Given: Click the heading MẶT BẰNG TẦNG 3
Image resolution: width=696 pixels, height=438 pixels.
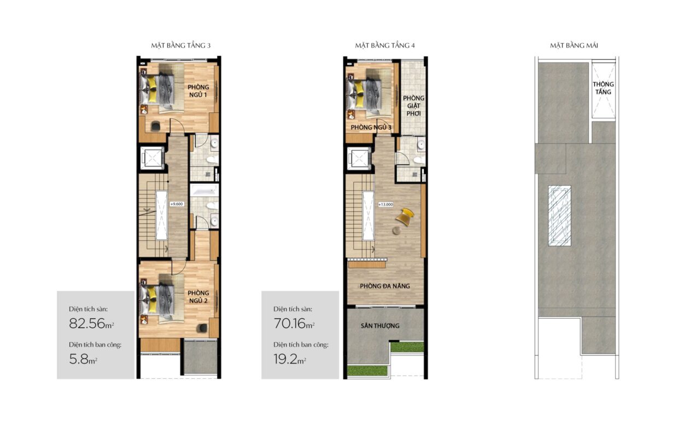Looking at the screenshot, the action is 180,46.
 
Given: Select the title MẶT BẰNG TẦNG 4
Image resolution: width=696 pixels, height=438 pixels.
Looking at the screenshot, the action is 385,46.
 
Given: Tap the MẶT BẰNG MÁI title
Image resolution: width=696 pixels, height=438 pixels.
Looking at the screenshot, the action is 574,46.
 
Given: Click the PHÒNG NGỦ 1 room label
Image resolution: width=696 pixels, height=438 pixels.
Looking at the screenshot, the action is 198,91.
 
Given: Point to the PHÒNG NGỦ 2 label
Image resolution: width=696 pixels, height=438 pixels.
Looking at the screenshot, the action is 198,297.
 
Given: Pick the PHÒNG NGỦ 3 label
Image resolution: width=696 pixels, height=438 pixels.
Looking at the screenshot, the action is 371,127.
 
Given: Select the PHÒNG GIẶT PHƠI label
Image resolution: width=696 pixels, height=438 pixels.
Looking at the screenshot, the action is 413,106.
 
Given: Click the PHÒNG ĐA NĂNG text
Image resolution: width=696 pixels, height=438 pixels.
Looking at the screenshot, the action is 385,286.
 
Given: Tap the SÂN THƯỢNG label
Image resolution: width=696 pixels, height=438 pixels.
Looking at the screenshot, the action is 380,326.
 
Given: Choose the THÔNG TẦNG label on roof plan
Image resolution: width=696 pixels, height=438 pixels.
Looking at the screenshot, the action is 603,88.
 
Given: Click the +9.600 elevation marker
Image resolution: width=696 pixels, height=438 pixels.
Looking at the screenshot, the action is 177,204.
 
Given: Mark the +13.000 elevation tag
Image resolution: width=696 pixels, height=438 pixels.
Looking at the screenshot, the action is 385,204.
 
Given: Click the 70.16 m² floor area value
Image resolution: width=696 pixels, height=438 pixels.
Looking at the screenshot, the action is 294,324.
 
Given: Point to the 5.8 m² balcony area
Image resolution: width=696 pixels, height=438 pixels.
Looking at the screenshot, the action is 83,359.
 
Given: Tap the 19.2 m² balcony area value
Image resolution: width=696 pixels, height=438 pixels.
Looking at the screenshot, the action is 290,359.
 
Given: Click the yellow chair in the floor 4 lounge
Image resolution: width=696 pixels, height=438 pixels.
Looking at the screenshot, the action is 405,216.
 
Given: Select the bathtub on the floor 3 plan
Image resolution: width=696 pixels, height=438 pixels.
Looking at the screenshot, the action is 204,190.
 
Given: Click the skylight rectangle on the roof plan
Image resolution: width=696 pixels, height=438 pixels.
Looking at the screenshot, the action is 560,216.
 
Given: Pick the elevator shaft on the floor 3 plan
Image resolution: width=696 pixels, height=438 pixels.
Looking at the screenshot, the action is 152,158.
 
